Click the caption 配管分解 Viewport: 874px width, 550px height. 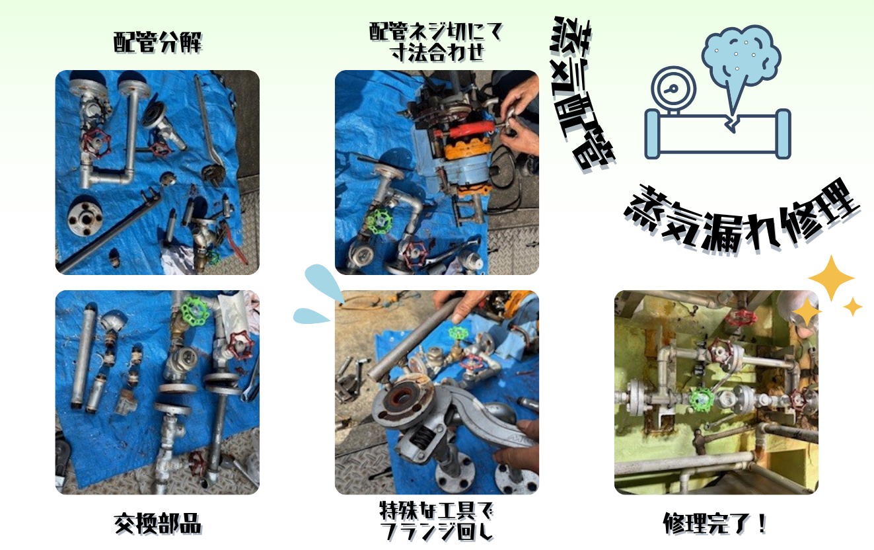[x=158, y=42]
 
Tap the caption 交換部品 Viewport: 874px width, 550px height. [x=158, y=524]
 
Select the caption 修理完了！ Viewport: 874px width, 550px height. [x=715, y=524]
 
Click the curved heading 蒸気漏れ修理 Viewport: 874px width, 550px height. [x=741, y=219]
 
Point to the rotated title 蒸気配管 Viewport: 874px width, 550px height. [x=581, y=94]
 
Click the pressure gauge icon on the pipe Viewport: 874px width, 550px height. [x=674, y=90]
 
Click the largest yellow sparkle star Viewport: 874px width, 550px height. [x=831, y=278]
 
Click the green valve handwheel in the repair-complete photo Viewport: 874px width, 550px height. [x=702, y=399]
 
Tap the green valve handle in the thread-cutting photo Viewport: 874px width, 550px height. [x=379, y=221]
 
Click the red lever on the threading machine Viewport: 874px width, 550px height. [x=470, y=129]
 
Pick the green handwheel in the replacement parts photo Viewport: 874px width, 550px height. [x=195, y=310]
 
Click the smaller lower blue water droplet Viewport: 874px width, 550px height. [x=310, y=316]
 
